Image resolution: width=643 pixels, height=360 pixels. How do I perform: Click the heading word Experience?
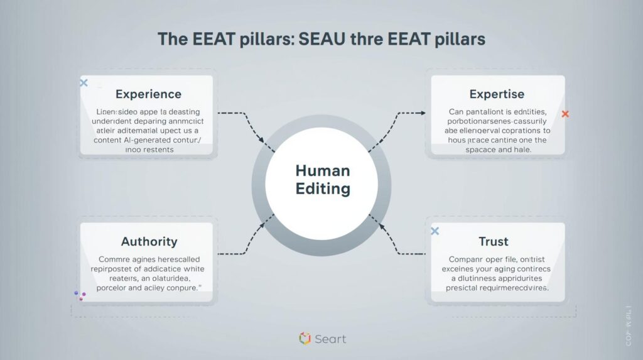click(148, 94)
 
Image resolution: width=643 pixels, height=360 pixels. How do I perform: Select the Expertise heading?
click(497, 94)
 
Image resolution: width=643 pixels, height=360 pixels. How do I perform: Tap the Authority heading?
click(149, 241)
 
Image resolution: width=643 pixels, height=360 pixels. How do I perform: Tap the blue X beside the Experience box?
click(83, 82)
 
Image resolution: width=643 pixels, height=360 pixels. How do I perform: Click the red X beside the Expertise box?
click(565, 114)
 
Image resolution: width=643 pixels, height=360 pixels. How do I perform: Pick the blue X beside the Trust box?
click(435, 231)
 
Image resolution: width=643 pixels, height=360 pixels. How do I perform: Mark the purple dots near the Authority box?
click(80, 294)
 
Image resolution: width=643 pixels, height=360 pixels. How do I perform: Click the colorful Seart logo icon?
click(305, 339)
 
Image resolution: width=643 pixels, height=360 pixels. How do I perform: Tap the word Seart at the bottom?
click(330, 339)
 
